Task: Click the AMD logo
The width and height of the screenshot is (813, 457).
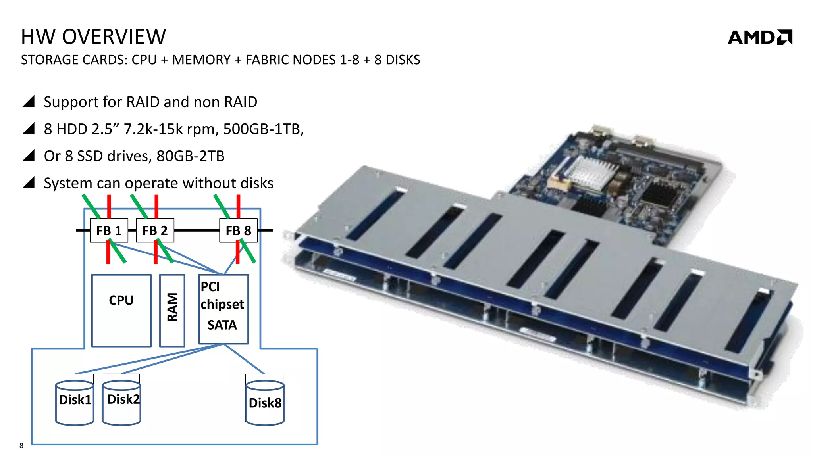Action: click(759, 37)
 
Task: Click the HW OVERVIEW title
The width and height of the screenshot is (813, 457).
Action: click(93, 37)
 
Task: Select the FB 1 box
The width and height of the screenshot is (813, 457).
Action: click(109, 230)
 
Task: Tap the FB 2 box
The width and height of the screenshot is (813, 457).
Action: click(155, 230)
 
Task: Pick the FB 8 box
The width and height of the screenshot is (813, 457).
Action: click(238, 230)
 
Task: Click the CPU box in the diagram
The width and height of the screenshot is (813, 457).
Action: click(121, 310)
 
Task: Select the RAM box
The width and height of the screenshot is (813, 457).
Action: click(172, 310)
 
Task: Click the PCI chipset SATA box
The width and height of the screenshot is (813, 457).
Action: click(223, 309)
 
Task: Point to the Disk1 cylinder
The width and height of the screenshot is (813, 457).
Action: click(75, 401)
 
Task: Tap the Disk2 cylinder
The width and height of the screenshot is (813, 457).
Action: click(121, 401)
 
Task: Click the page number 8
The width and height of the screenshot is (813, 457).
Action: click(21, 446)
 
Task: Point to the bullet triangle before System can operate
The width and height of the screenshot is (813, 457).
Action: click(29, 182)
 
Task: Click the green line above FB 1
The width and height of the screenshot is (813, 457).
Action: click(91, 206)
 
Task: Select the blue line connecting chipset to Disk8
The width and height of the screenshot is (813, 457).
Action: click(244, 359)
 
